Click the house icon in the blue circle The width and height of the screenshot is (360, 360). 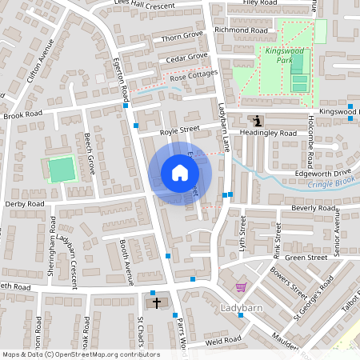tap(180, 173)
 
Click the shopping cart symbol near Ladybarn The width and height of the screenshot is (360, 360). tap(241, 287)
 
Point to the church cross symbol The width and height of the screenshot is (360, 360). tap(156, 302)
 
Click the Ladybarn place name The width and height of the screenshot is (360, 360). tap(239, 308)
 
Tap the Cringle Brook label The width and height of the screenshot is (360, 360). tap(329, 185)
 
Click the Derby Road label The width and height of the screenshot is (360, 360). tap(25, 204)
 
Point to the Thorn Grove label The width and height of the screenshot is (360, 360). tap(183, 37)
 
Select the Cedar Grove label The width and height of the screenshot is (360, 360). tap(186, 57)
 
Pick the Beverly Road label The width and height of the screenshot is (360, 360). tap(313, 208)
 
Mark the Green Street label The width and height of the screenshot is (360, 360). tap(306, 258)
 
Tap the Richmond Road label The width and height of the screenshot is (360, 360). tap(241, 30)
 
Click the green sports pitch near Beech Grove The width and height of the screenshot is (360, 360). tap(60, 169)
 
